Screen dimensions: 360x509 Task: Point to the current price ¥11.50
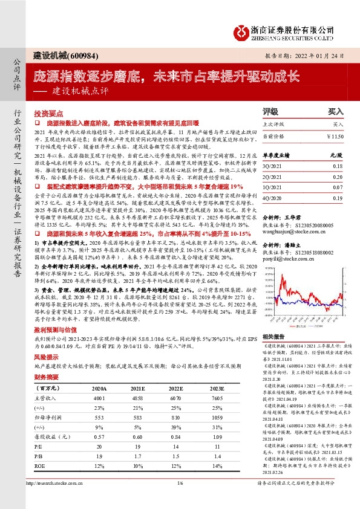click(333, 137)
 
